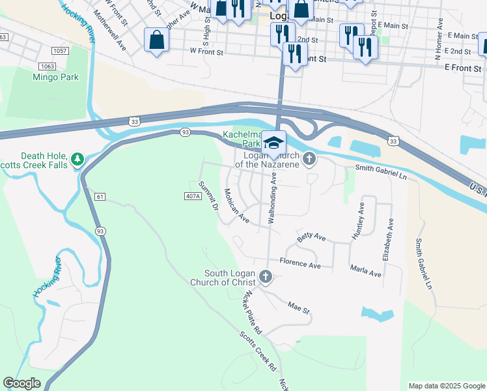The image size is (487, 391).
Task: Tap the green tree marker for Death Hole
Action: pyautogui.click(x=77, y=158)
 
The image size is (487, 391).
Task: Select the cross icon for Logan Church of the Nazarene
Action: pyautogui.click(x=309, y=158)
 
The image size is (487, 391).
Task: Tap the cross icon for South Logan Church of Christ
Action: pyautogui.click(x=265, y=277)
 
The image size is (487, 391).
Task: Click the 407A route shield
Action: pyautogui.click(x=193, y=195)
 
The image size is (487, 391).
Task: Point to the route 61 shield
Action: pyautogui.click(x=100, y=196)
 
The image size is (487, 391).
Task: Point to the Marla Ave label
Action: pyautogui.click(x=365, y=272)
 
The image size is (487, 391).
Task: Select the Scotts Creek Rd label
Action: pyautogui.click(x=257, y=353)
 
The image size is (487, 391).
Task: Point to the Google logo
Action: pyautogui.click(x=21, y=383)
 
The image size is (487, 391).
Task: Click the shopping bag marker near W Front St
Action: pyautogui.click(x=157, y=41)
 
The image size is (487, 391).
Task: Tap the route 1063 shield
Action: pyautogui.click(x=46, y=66)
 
